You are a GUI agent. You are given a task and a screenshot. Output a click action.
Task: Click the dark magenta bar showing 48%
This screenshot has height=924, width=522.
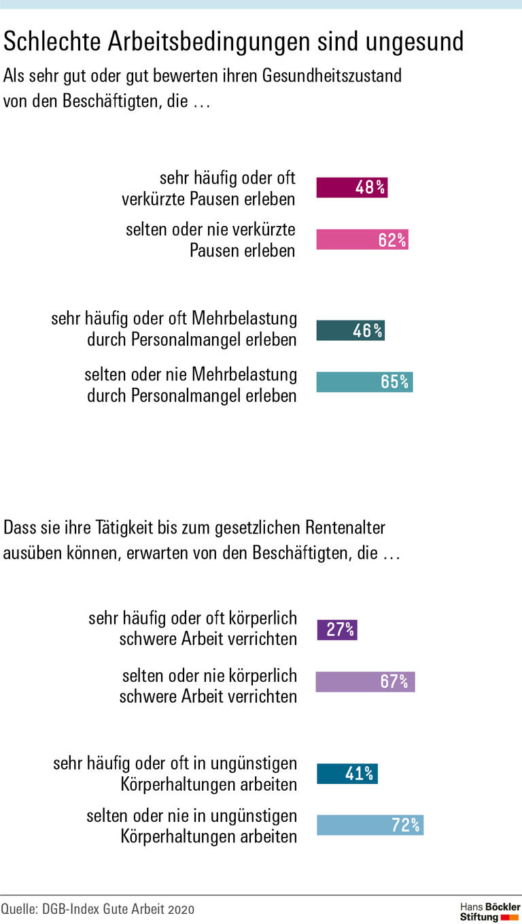click(x=351, y=187)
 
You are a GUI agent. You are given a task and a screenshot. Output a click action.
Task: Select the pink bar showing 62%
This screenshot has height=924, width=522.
click(x=362, y=240)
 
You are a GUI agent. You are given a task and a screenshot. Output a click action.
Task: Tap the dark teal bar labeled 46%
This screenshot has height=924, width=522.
click(x=350, y=331)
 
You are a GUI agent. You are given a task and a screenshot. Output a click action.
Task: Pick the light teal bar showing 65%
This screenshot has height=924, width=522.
click(x=364, y=382)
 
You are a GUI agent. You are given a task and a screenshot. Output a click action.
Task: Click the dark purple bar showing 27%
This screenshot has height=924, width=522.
click(x=337, y=629)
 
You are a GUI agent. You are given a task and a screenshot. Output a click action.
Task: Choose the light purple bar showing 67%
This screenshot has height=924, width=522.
click(x=365, y=681)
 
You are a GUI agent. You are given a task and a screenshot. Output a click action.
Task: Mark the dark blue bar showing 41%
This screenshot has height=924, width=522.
click(x=347, y=774)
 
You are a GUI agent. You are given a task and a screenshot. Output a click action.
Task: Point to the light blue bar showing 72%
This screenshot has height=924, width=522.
click(x=370, y=825)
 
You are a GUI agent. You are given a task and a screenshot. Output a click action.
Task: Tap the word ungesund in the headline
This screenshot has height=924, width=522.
click(x=414, y=42)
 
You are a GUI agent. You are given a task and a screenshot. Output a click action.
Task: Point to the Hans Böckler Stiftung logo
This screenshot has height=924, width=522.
click(x=489, y=912)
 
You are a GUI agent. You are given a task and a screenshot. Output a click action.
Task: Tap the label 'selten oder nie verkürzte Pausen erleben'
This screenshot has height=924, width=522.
click(x=211, y=240)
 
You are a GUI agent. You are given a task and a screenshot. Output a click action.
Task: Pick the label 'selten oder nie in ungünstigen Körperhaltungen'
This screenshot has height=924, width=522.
click(x=192, y=825)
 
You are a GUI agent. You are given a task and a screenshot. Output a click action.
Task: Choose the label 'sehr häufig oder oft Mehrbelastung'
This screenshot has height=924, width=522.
click(x=174, y=329)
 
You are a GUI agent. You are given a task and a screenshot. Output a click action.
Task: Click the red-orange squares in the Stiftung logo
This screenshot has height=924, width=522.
click(x=510, y=918)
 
